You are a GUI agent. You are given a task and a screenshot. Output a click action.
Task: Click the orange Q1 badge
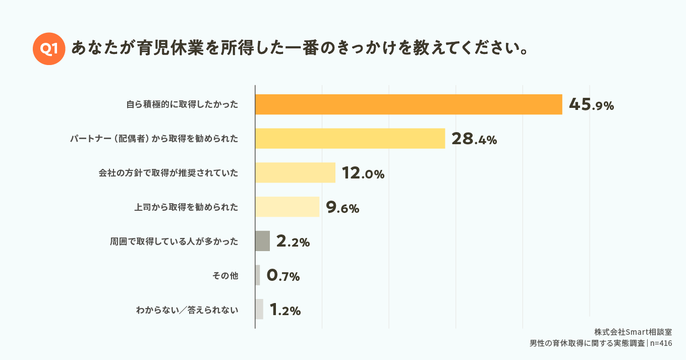49,48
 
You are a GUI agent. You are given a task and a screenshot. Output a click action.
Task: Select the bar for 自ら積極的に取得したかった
409,104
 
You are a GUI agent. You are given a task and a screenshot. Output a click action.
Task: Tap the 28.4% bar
350,138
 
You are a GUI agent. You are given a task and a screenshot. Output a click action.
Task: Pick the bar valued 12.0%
295,172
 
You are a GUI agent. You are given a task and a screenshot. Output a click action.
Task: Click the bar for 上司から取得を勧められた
287,207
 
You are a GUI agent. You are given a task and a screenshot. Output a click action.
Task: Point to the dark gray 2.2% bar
262,241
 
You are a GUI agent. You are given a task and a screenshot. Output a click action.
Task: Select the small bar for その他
258,275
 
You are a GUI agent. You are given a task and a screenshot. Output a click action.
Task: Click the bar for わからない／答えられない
259,309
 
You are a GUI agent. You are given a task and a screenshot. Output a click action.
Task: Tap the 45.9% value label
591,105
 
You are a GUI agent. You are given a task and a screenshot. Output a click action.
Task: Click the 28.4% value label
474,139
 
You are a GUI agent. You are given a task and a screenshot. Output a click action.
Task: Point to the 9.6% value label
342,207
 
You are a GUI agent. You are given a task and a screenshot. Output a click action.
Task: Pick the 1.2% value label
285,310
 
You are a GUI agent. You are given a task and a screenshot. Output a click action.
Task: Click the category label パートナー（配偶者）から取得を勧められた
154,139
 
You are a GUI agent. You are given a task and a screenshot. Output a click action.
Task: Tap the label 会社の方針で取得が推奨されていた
168,173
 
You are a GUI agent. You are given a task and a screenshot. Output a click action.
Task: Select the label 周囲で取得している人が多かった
174,242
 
